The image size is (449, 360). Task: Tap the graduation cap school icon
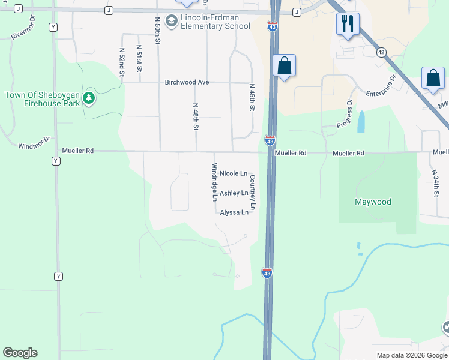(172, 22)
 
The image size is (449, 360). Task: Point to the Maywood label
(372, 202)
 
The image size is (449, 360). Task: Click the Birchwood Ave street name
(187, 82)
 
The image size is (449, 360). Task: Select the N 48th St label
(196, 117)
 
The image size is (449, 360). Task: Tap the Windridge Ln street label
(214, 181)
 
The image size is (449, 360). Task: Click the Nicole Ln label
(234, 173)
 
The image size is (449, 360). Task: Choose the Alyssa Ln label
(234, 212)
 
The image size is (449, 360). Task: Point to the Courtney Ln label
(253, 192)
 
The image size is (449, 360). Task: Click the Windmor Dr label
(35, 146)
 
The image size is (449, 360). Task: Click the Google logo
(20, 353)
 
